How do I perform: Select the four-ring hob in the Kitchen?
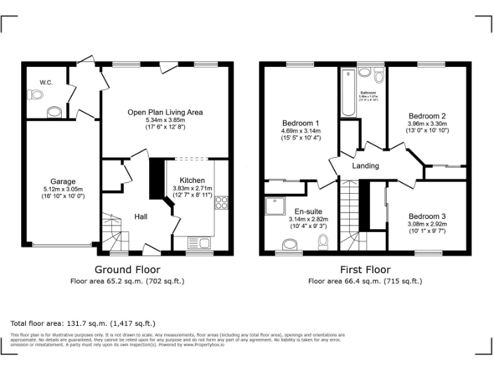point(221,204)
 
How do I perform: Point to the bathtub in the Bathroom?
point(348,92)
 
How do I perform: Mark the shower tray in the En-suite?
point(271,206)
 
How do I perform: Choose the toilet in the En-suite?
point(324,241)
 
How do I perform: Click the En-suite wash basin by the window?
point(289,245)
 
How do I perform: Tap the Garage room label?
point(63,182)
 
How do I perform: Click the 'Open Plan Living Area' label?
point(165,112)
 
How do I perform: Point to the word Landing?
point(365,166)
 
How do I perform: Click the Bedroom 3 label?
point(427,216)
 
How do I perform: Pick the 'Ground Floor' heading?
point(127,269)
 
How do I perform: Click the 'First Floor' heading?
point(365,269)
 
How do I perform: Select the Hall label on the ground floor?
point(141,216)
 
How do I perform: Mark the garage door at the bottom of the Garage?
point(62,245)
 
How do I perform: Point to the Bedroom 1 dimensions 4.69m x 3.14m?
point(300,131)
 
